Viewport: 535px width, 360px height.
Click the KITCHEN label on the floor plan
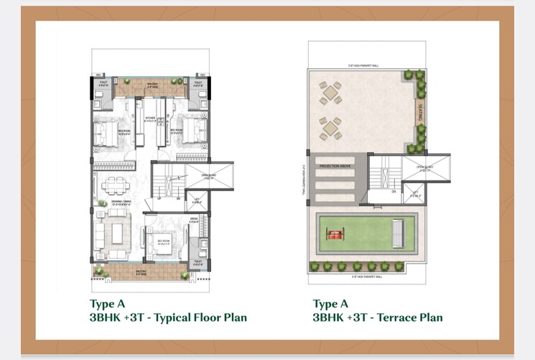[150, 119]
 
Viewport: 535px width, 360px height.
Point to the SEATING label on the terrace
[420, 114]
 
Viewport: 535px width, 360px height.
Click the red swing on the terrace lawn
[332, 234]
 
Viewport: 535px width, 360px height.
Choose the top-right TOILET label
[199, 83]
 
